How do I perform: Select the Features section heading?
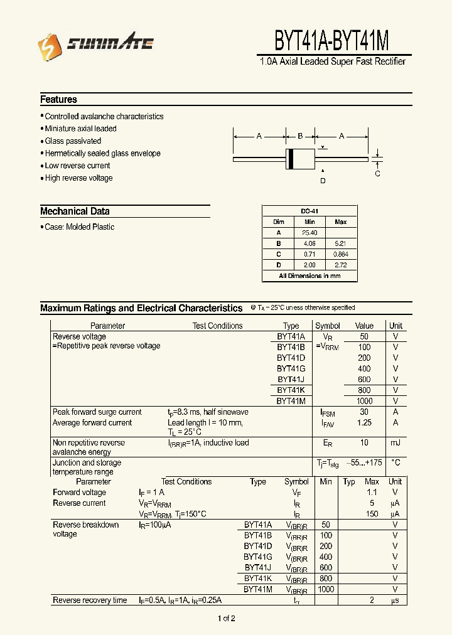58,99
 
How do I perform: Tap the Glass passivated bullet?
73,141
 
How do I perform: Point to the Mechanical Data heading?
75,211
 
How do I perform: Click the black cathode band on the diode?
291,159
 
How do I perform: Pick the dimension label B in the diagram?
300,136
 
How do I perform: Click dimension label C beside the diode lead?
377,174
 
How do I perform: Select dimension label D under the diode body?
323,181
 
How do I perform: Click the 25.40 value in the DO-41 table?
309,233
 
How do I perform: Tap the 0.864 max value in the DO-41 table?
341,254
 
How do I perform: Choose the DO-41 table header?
309,211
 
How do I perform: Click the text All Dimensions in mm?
309,276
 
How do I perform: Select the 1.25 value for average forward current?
364,423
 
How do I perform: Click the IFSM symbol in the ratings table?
328,413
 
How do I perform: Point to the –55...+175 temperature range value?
364,463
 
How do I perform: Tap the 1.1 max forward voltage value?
372,493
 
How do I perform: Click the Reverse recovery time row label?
90,600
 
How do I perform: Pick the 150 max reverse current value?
372,514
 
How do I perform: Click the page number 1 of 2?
226,619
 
